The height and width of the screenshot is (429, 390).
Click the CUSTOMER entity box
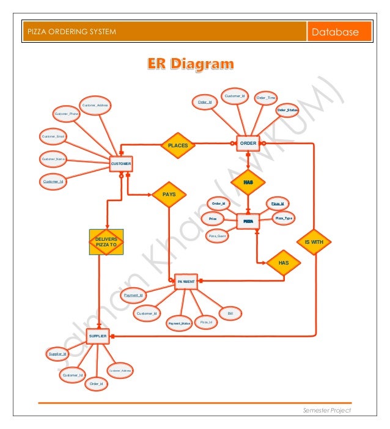pyautogui.click(x=121, y=164)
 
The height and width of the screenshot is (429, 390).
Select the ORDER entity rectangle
pyautogui.click(x=248, y=143)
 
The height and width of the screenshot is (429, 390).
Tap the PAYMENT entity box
pyautogui.click(x=186, y=282)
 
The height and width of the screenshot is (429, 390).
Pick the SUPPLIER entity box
pyautogui.click(x=98, y=336)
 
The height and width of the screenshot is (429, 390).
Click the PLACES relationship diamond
pyautogui.click(x=177, y=145)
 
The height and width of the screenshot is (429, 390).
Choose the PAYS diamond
pyautogui.click(x=169, y=194)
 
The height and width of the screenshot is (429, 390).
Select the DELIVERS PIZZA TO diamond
pyautogui.click(x=107, y=241)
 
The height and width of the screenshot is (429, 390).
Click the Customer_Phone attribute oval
pyautogui.click(x=67, y=114)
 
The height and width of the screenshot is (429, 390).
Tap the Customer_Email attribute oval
pyautogui.click(x=54, y=136)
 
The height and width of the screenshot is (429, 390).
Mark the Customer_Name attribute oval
pyautogui.click(x=53, y=159)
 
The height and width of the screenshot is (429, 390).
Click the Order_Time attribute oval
pyautogui.click(x=266, y=97)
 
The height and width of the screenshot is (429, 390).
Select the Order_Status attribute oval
pyautogui.click(x=287, y=110)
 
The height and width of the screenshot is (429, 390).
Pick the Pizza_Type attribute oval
pyautogui.click(x=284, y=218)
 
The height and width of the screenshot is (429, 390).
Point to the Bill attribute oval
pyautogui.click(x=230, y=313)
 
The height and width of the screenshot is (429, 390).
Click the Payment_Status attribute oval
pyautogui.click(x=180, y=323)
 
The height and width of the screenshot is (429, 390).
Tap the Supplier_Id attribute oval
pyautogui.click(x=57, y=353)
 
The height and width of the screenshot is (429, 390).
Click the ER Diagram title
pyautogui.click(x=189, y=64)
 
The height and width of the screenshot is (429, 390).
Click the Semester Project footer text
pyautogui.click(x=327, y=411)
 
